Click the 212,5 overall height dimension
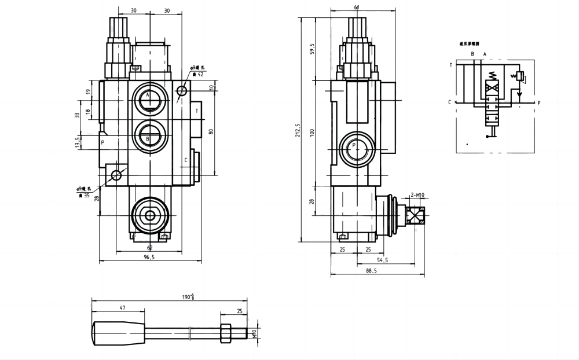297,131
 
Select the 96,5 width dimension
149,258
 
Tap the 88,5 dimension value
371,270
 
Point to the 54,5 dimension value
383,260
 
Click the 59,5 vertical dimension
312,49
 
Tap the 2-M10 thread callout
417,195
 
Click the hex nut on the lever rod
226,334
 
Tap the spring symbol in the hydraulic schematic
492,76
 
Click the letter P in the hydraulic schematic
538,104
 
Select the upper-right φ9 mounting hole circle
182,91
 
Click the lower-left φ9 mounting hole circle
118,175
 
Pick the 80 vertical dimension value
211,131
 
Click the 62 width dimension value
149,248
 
